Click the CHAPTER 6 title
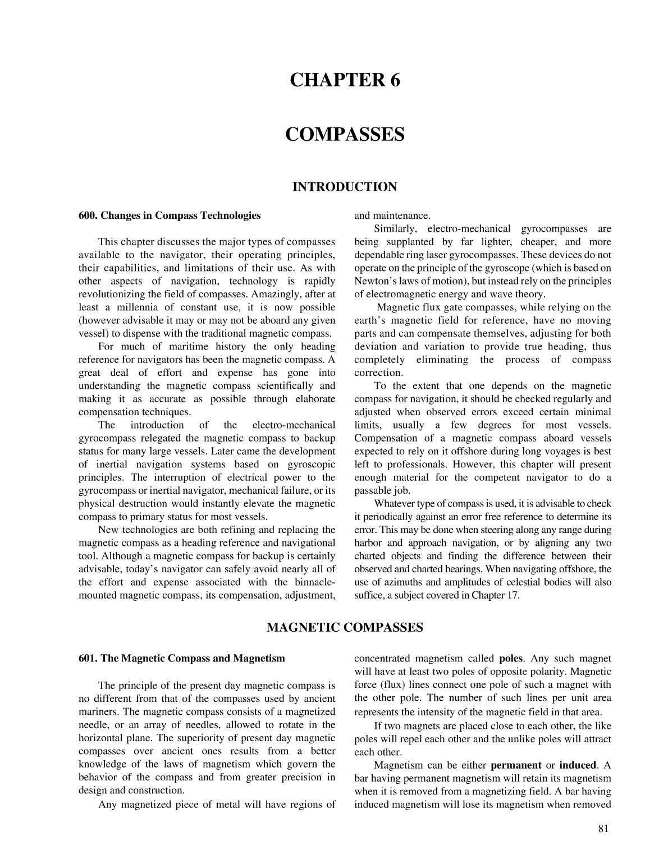[345, 81]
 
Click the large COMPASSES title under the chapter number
[345, 135]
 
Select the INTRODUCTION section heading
[345, 187]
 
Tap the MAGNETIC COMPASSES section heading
[345, 627]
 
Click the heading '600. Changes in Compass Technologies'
[170, 215]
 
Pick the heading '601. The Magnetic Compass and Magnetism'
[181, 659]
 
